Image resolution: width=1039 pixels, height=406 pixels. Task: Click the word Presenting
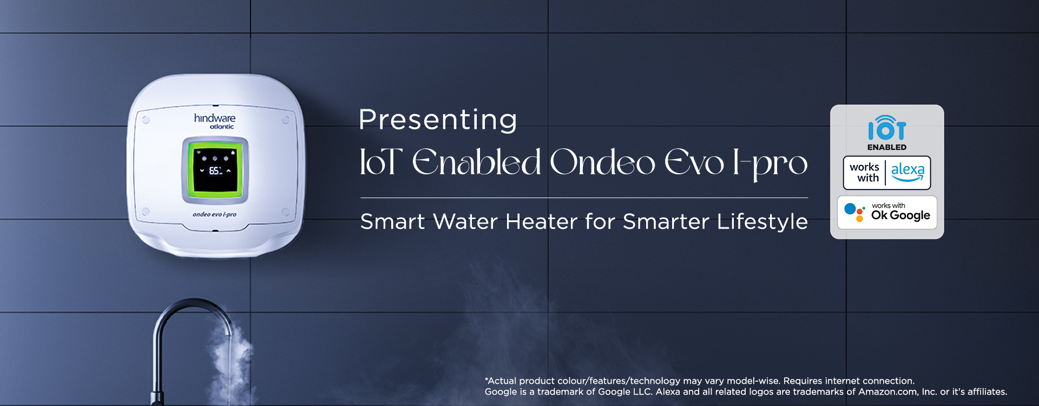pyautogui.click(x=438, y=120)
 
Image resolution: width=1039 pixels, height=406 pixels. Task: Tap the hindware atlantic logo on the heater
pyautogui.click(x=215, y=121)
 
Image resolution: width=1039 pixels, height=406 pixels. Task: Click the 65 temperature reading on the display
pyautogui.click(x=215, y=171)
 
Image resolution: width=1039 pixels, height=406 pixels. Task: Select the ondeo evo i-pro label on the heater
pyautogui.click(x=214, y=214)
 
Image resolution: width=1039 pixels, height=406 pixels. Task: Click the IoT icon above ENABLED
pyautogui.click(x=887, y=128)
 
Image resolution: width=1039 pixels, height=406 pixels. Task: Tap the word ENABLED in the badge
pyautogui.click(x=887, y=147)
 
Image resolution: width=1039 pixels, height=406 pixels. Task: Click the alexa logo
pyautogui.click(x=908, y=172)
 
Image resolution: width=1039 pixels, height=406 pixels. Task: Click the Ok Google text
pyautogui.click(x=900, y=215)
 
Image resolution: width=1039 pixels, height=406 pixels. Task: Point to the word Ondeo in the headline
pyautogui.click(x=602, y=162)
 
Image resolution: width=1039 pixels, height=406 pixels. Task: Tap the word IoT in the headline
pyautogui.click(x=381, y=162)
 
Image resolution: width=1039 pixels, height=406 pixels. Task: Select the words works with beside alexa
pyautogui.click(x=865, y=173)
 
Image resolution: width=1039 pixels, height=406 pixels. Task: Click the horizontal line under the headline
pyautogui.click(x=584, y=198)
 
